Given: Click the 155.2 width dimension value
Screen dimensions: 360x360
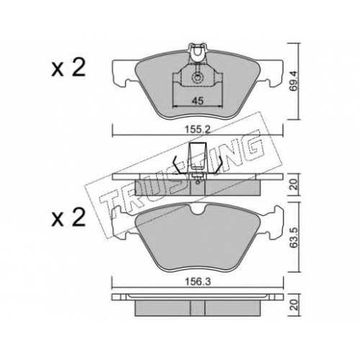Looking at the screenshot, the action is (197, 130).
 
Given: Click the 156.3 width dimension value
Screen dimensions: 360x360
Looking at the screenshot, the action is (197, 282).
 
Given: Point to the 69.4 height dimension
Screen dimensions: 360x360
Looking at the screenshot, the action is (293, 81).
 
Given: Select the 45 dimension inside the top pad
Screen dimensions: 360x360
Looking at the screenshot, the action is (197, 101).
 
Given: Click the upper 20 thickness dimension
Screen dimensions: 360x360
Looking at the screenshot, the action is (294, 184).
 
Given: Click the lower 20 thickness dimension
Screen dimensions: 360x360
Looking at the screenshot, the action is (294, 305).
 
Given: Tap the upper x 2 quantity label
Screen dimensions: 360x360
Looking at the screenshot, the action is (68, 68).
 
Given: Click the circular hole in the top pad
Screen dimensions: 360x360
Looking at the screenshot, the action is (197, 78).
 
